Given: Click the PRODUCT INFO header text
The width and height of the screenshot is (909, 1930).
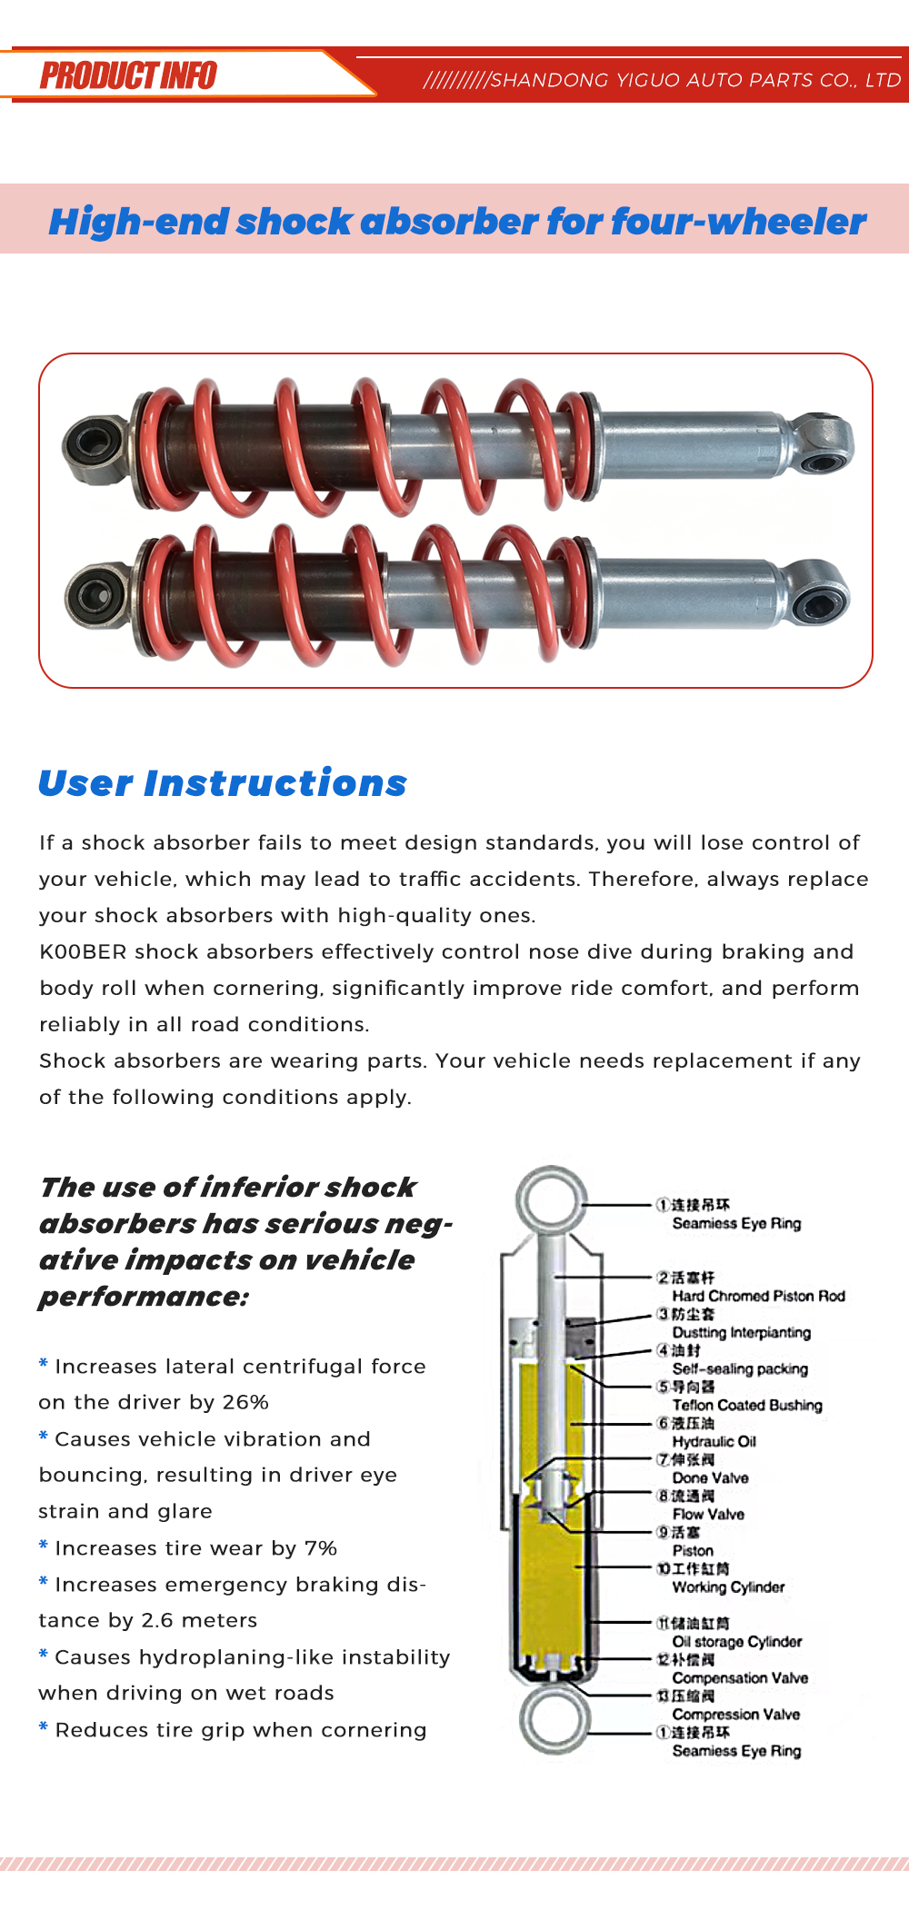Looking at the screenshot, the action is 128,75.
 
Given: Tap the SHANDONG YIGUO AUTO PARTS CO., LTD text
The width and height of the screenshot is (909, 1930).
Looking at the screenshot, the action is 695,80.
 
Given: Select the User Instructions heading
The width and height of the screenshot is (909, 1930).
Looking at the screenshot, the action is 223,782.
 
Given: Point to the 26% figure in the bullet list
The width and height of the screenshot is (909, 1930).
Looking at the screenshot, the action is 245,1402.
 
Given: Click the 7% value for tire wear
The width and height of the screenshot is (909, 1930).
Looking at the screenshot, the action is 321,1547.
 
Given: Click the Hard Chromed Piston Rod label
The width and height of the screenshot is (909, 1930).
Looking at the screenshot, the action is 759,1296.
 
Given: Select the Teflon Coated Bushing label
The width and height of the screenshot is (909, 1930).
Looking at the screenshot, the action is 747,1405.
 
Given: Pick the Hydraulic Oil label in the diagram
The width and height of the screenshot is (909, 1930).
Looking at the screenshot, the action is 714,1441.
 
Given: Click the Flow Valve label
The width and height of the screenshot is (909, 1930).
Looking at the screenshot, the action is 708,1514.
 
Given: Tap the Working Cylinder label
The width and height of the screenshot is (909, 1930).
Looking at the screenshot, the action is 728,1587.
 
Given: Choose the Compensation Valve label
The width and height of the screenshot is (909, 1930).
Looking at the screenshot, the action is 740,1677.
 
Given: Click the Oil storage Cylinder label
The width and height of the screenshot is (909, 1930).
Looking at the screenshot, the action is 737,1641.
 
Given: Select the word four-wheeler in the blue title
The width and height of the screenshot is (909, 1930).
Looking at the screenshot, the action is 738,221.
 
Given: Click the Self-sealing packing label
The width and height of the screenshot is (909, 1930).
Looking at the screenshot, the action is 740,1368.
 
